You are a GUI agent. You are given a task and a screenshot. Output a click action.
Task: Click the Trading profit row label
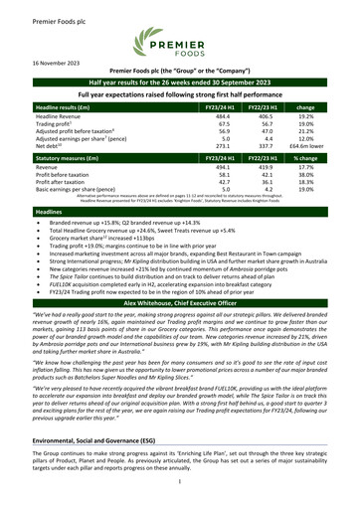click(53, 126)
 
